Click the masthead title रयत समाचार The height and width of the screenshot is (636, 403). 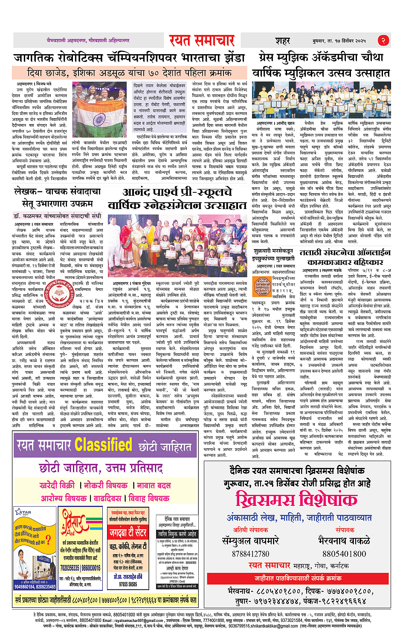(x=202, y=41)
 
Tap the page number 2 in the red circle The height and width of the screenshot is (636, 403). (x=383, y=41)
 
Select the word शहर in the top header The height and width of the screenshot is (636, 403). (x=283, y=41)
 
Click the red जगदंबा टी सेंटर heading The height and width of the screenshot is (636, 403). (x=128, y=533)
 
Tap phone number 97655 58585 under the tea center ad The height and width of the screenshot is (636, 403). (x=128, y=584)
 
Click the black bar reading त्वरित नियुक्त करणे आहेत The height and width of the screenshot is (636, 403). (x=177, y=534)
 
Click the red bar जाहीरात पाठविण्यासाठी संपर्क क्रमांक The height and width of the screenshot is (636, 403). (x=297, y=578)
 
